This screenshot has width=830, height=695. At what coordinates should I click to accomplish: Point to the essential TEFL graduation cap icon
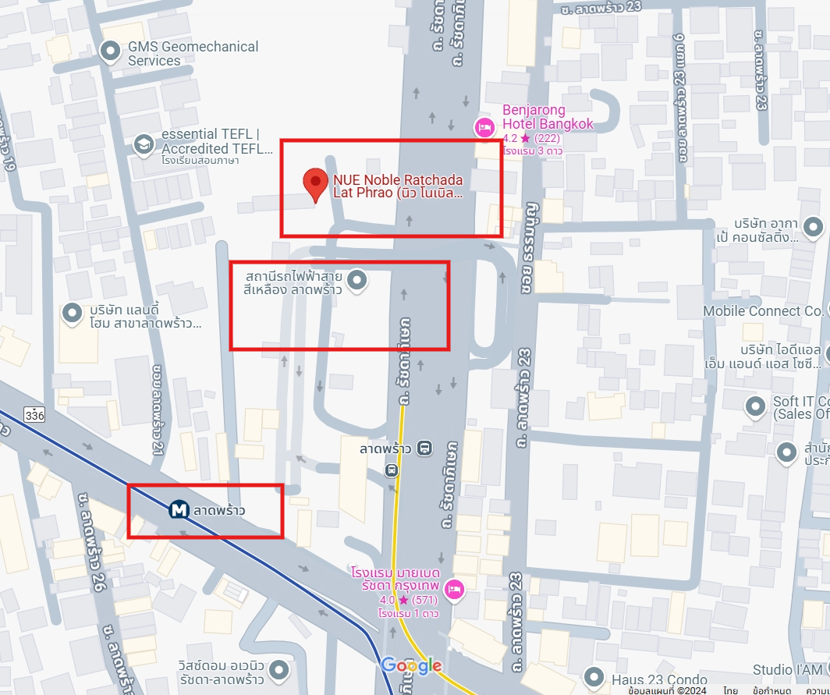[x=143, y=144]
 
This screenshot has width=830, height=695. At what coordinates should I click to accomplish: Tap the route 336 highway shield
[x=34, y=414]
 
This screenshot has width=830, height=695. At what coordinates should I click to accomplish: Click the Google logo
[x=411, y=666]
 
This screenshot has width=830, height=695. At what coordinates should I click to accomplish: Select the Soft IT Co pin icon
[x=755, y=406]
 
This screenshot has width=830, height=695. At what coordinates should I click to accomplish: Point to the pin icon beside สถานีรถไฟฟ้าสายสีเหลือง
[x=357, y=280]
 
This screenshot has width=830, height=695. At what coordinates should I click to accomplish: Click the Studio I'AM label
[x=787, y=670]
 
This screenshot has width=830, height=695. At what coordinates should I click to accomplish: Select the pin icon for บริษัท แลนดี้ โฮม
[x=73, y=313]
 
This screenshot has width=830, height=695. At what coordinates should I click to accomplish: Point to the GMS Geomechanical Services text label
[x=193, y=53]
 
